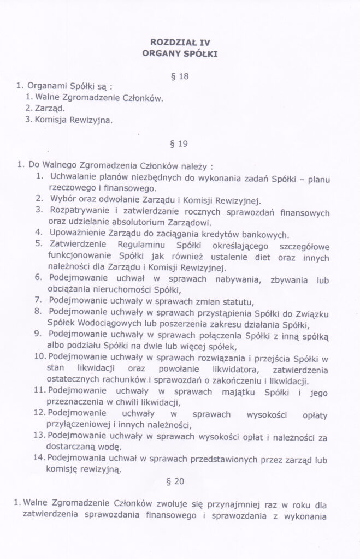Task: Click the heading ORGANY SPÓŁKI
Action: pyautogui.click(x=180, y=53)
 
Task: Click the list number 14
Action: pyautogui.click(x=38, y=457)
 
